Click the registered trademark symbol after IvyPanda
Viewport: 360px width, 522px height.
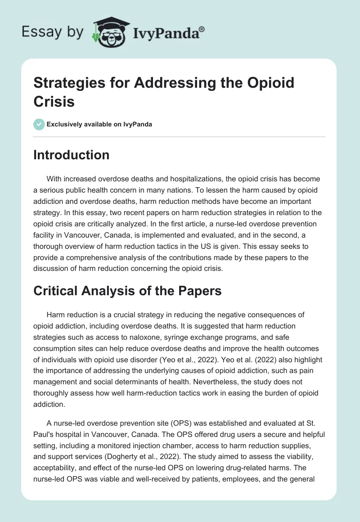tap(202, 29)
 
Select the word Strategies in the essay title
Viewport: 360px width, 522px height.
tap(64, 83)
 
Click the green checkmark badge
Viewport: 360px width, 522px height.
tap(39, 124)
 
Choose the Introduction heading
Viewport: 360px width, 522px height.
tap(72, 155)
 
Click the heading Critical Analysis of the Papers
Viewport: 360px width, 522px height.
tap(128, 291)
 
